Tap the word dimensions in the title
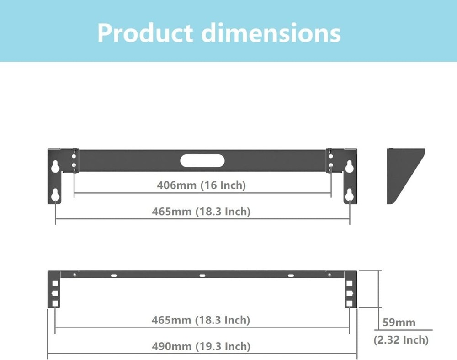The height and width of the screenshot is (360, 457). pyautogui.click(x=271, y=32)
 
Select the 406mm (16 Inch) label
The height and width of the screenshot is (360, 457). pyautogui.click(x=201, y=185)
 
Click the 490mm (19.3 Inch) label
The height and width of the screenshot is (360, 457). pyautogui.click(x=201, y=346)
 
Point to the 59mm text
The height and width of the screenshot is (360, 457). pyautogui.click(x=399, y=322)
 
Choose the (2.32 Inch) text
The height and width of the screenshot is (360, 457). pyautogui.click(x=401, y=340)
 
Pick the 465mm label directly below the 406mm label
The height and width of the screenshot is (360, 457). pyautogui.click(x=201, y=212)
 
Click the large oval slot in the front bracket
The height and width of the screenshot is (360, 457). pyautogui.click(x=202, y=161)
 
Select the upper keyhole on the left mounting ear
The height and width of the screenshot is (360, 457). pyautogui.click(x=55, y=166)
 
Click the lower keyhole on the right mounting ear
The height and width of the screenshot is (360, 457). pyautogui.click(x=350, y=196)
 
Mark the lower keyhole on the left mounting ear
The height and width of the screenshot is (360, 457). pyautogui.click(x=55, y=196)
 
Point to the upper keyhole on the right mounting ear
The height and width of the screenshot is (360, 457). pyautogui.click(x=350, y=166)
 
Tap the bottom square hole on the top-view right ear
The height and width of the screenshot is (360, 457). pyautogui.click(x=350, y=303)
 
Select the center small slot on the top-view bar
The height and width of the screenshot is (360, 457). pyautogui.click(x=202, y=275)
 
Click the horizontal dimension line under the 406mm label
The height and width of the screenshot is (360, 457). pyautogui.click(x=202, y=193)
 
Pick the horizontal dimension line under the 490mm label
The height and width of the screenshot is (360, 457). pyautogui.click(x=202, y=353)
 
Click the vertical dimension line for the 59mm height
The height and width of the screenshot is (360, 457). pyautogui.click(x=379, y=289)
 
